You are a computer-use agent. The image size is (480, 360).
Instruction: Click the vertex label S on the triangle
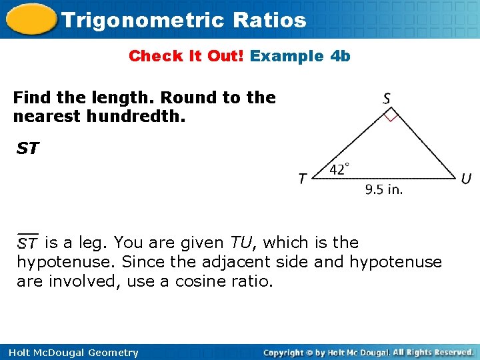(x=387, y=98)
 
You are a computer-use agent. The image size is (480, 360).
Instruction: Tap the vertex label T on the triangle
(x=303, y=179)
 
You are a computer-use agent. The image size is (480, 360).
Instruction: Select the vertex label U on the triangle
(x=467, y=179)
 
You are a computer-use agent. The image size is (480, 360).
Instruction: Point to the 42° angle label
(x=339, y=169)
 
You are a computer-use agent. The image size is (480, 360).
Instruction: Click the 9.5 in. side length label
(x=384, y=189)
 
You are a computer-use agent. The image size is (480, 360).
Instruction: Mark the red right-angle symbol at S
(x=391, y=117)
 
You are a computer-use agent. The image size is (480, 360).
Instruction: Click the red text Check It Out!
(x=187, y=56)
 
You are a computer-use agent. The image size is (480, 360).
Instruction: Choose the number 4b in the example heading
(x=340, y=56)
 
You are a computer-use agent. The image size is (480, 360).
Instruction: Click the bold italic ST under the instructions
(x=27, y=148)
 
